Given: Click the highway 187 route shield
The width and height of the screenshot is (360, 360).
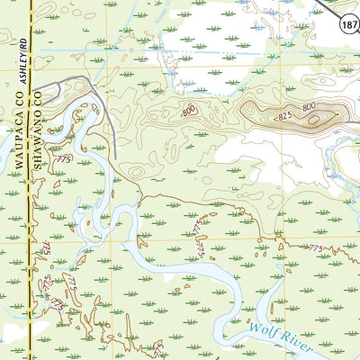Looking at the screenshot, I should coord(347,29).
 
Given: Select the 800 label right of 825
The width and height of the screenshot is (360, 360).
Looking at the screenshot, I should coord(309,107).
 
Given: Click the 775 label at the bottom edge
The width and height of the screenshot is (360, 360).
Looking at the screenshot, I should coord(159,347).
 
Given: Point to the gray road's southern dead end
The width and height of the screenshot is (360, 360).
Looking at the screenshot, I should coord(115,157).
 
